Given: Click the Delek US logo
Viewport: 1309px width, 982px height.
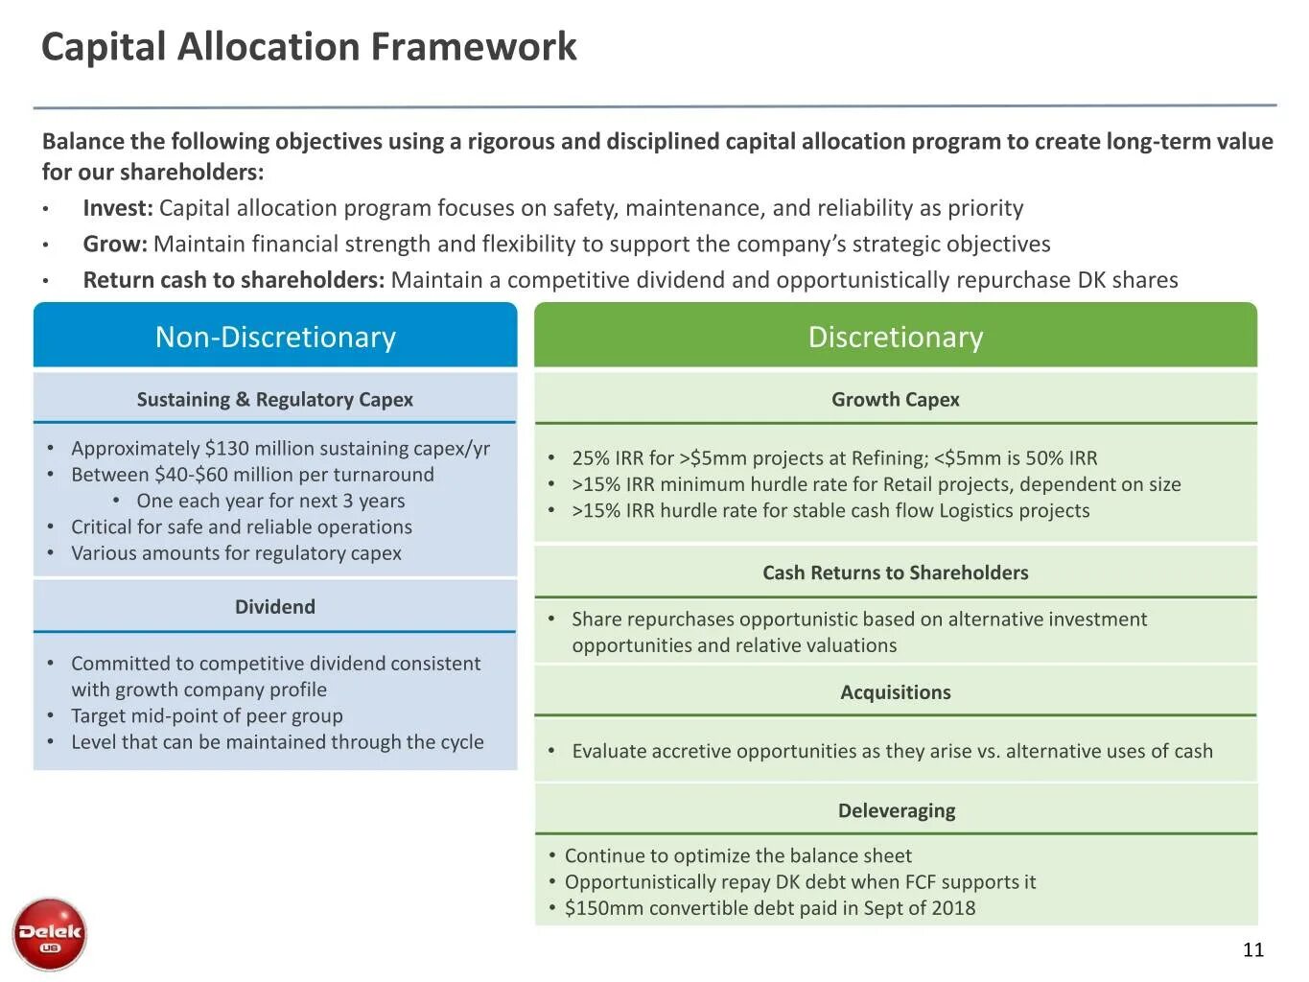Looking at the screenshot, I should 50,934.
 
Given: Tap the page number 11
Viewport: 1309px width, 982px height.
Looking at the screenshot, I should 1252,949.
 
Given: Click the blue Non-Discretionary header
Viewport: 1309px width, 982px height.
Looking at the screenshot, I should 275,337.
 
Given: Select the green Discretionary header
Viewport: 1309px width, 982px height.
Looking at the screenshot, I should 895,337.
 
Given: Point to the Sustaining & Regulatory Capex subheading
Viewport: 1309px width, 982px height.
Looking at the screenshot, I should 274,399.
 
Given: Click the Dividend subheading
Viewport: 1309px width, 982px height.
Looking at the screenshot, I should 274,606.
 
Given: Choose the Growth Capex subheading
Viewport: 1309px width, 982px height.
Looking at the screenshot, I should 895,399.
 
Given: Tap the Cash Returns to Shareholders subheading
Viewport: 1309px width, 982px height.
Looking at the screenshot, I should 895,573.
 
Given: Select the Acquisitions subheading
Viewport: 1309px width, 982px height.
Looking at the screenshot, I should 895,692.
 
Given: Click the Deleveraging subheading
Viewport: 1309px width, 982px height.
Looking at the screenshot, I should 896,810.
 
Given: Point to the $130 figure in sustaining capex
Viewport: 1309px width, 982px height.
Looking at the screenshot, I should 225,448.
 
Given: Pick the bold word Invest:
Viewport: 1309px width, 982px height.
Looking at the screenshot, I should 118,208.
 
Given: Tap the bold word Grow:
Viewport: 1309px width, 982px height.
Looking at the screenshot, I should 115,244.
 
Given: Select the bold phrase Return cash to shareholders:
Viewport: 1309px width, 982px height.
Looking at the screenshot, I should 233,280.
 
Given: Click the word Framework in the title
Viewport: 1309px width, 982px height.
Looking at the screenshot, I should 474,46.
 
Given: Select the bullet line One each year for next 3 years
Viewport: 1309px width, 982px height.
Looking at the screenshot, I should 270,501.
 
